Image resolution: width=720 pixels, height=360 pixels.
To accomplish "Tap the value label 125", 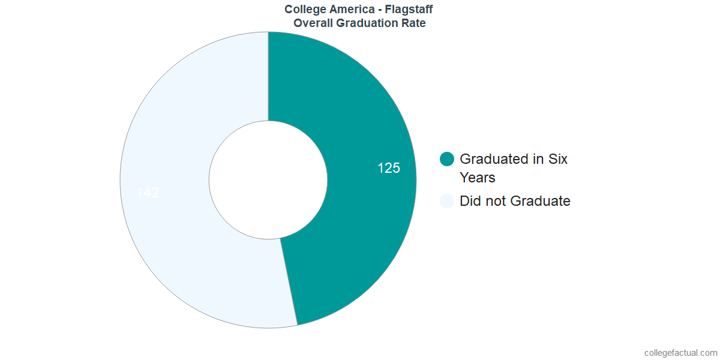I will click(x=388, y=169).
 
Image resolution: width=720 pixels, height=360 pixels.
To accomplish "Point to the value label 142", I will click(x=148, y=193).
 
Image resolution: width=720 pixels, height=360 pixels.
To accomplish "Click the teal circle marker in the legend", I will click(x=447, y=159).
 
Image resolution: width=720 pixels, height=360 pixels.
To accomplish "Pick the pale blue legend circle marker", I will click(x=447, y=201).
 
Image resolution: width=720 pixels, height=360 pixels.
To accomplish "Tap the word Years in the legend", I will click(x=477, y=178).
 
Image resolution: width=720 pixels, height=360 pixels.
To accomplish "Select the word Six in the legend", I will click(x=557, y=159).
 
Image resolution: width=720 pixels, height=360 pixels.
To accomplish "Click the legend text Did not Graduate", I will click(x=515, y=201).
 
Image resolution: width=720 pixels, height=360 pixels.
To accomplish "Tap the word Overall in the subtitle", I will click(x=311, y=23).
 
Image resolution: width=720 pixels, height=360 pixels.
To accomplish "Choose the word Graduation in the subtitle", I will click(x=367, y=23).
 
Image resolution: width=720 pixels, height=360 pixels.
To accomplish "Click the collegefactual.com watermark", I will click(x=680, y=353).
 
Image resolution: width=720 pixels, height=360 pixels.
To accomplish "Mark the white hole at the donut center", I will click(x=268, y=180).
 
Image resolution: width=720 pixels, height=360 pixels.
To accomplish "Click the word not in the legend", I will click(x=493, y=201).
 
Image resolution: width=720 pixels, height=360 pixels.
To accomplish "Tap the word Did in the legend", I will click(x=470, y=201).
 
